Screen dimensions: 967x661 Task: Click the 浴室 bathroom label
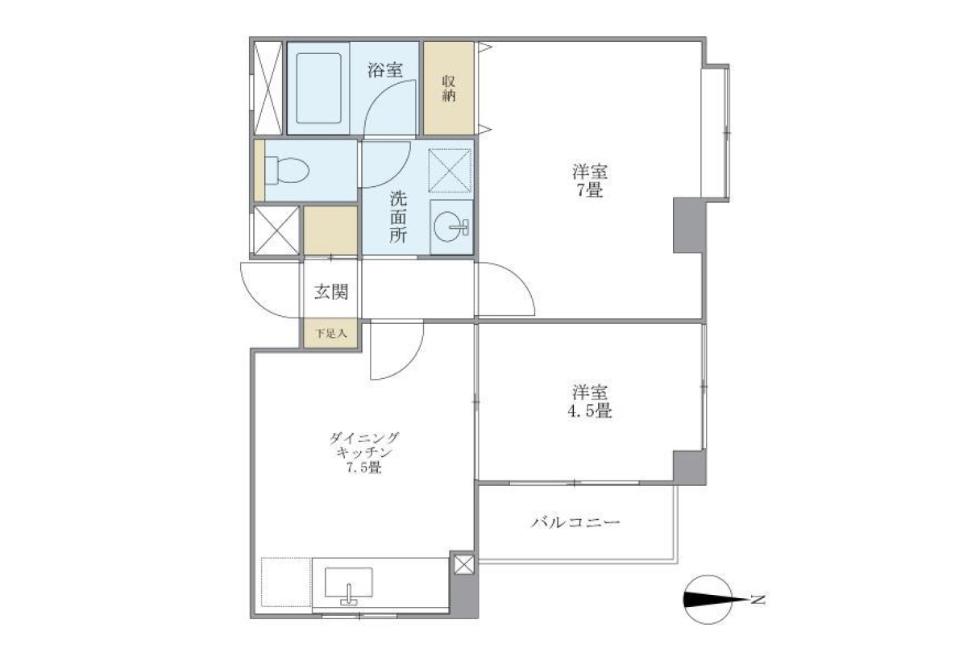point(385,70)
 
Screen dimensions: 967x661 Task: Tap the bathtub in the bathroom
point(318,88)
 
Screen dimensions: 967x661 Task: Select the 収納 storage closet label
point(449,88)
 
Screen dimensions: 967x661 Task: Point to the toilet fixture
point(287,170)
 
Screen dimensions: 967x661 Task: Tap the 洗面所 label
point(398,217)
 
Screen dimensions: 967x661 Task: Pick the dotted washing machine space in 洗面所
point(450,171)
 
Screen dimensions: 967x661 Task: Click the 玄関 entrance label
point(331,292)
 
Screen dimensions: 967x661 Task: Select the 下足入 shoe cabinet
point(330,333)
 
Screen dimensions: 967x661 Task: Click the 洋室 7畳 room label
point(590,181)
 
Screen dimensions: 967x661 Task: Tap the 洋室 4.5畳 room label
point(589,401)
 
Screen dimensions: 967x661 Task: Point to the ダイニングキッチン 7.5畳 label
point(364,453)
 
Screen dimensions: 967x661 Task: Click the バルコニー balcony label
point(575,523)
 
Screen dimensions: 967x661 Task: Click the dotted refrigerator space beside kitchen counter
point(286,583)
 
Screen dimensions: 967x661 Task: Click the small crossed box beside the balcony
point(463,564)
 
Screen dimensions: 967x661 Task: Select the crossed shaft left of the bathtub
point(268,88)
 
